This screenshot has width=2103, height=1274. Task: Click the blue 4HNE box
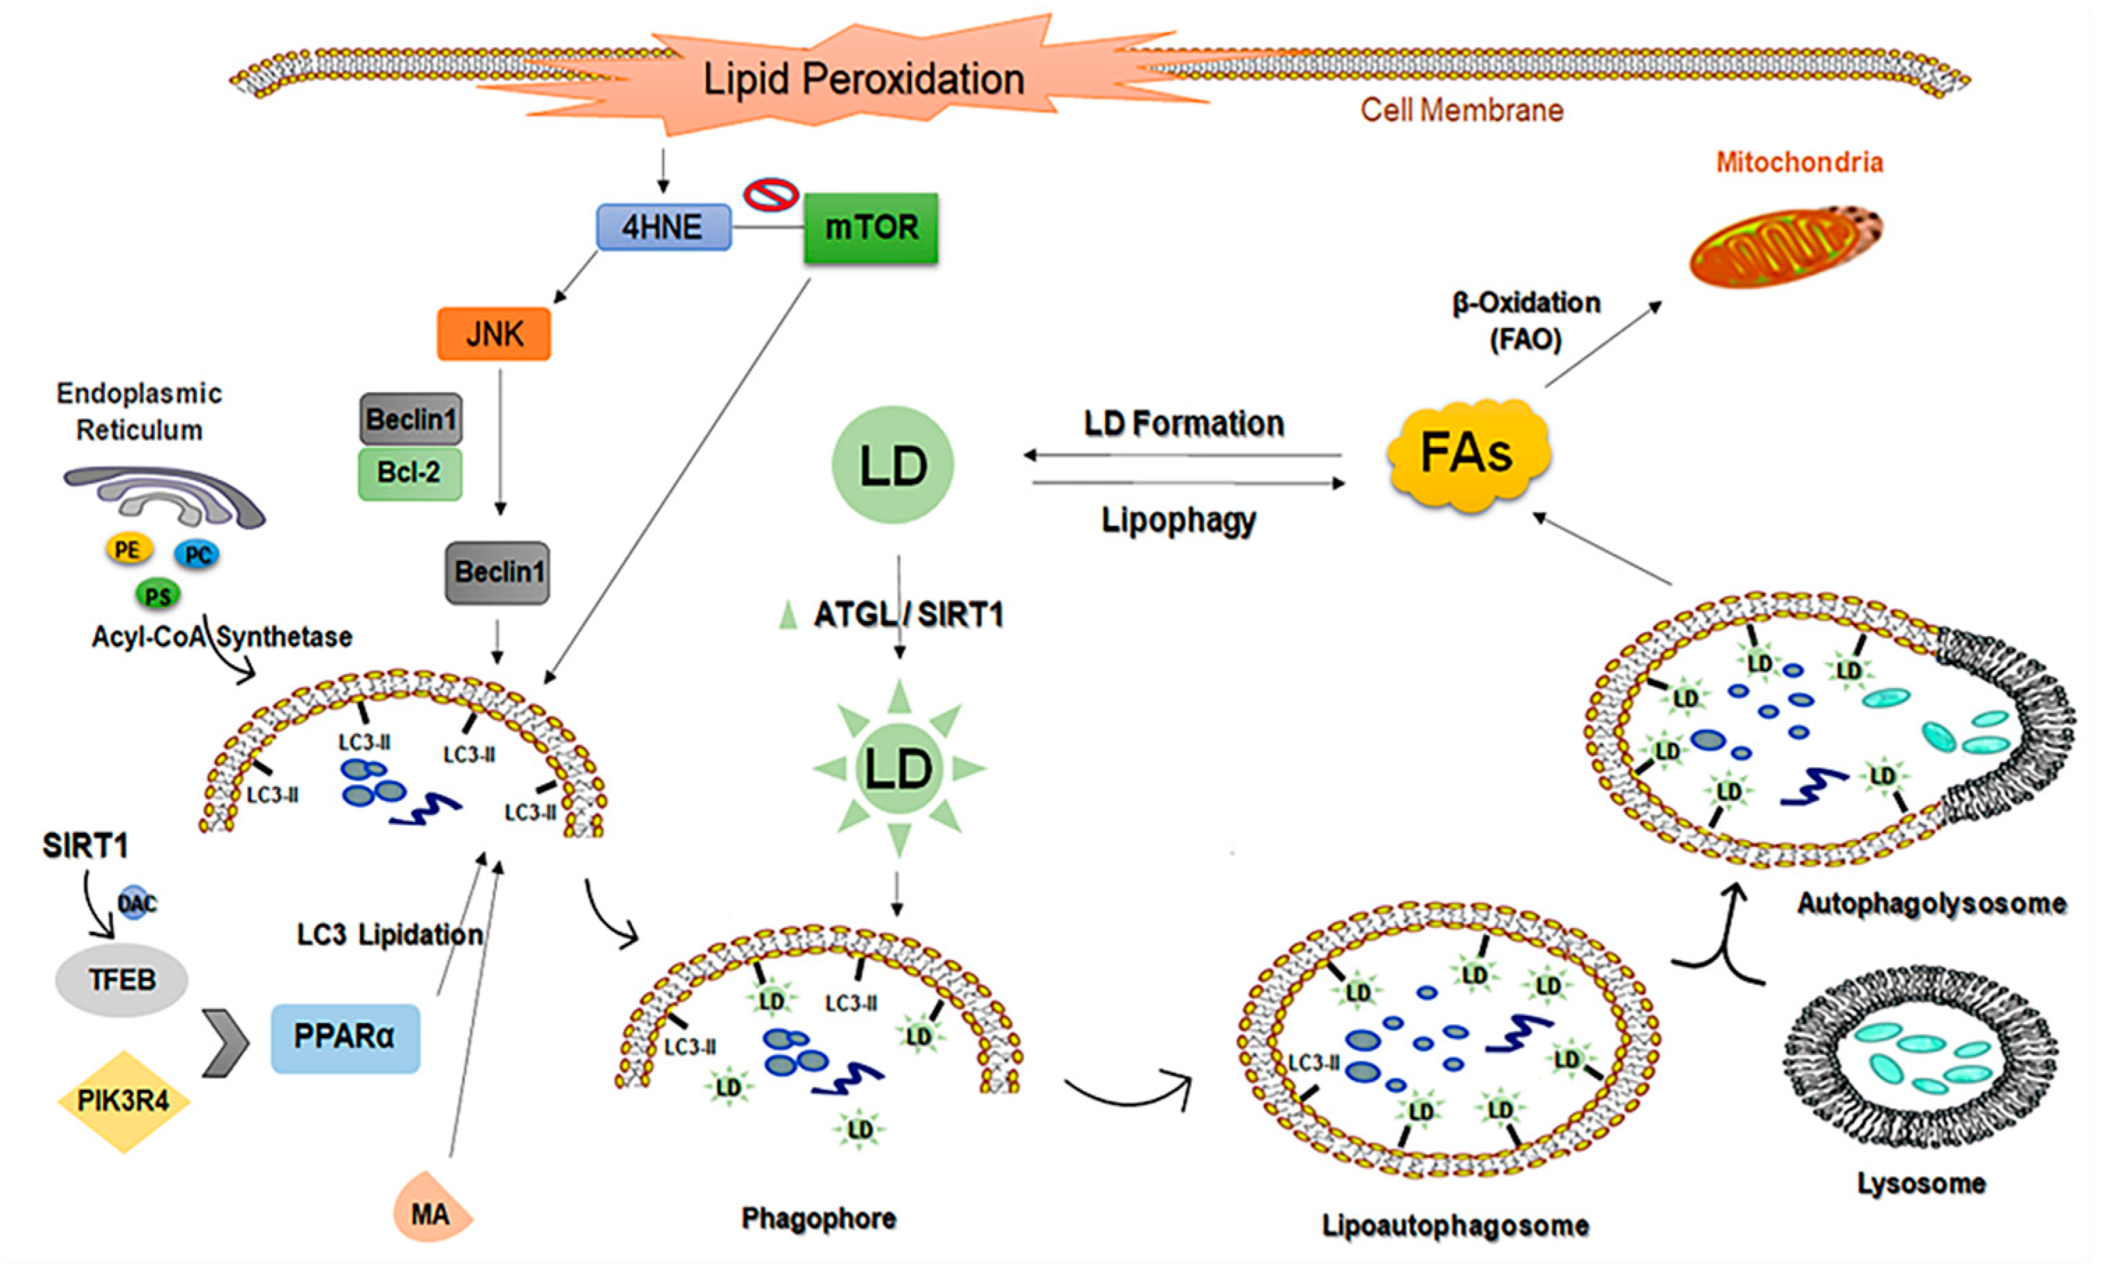click(663, 227)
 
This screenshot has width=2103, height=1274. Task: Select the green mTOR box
click(870, 228)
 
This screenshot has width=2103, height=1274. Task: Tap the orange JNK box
click(494, 334)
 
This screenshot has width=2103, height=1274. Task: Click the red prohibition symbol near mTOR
click(771, 194)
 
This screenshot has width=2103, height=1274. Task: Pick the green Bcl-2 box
click(409, 473)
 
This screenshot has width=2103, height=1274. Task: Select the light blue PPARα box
click(345, 1037)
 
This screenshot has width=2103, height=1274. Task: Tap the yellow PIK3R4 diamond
click(123, 1101)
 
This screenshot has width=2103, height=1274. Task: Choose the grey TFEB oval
click(122, 980)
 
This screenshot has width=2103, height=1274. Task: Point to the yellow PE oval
click(128, 549)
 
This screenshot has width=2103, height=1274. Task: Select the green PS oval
click(158, 595)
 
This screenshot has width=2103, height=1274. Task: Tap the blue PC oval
click(197, 555)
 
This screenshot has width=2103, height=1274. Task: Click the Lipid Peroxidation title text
click(864, 80)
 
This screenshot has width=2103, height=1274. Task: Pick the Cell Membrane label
click(1461, 110)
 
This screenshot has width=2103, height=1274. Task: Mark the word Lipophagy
click(1179, 520)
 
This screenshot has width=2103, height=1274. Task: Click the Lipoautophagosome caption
click(1455, 1225)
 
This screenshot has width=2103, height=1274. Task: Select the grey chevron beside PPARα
click(225, 1042)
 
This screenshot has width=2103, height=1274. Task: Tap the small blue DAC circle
click(137, 904)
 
